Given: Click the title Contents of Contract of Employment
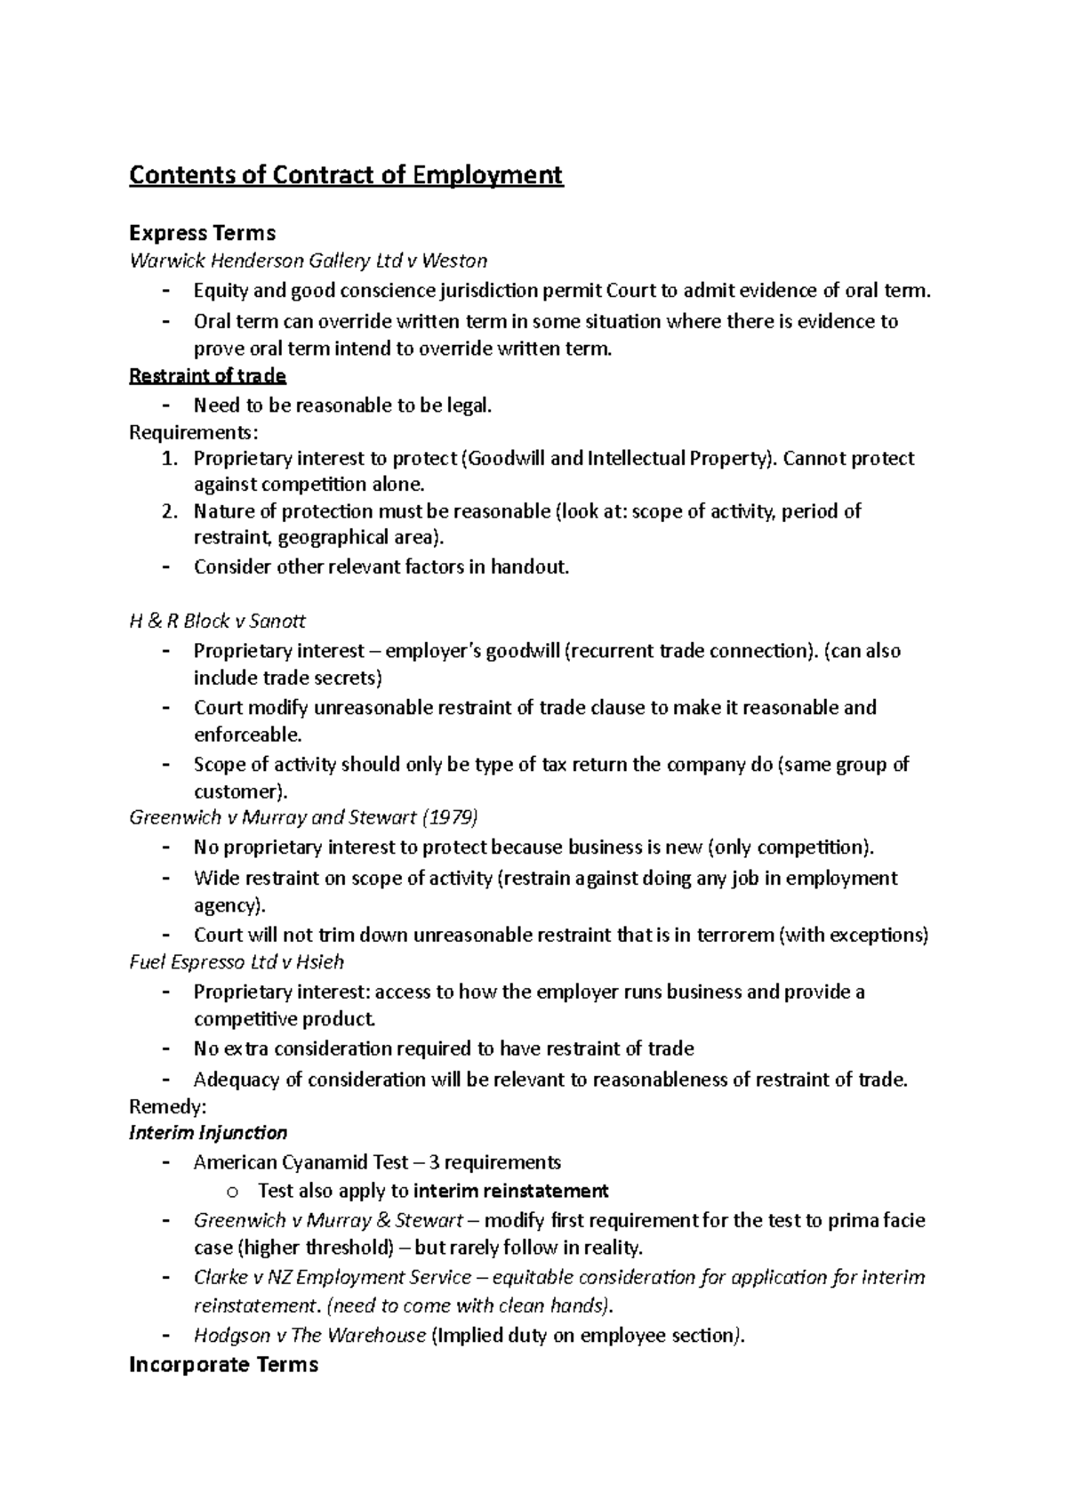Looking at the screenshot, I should [x=346, y=174].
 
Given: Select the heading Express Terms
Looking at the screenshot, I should [x=202, y=233].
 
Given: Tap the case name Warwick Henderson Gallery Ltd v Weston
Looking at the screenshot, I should [x=308, y=261].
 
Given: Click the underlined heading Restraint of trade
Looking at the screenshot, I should [x=207, y=375].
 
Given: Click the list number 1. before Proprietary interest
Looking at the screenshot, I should [x=170, y=459].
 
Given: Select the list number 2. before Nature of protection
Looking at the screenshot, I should [x=170, y=511].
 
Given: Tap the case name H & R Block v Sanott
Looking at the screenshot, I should [x=217, y=621].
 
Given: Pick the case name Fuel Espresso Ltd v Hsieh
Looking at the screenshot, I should [x=236, y=961].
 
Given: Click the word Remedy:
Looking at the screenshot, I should [x=167, y=1106].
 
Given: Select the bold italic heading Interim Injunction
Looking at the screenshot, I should [x=208, y=1133].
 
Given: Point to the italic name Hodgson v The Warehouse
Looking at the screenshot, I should [x=309, y=1336].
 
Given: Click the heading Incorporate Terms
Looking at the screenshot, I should [x=223, y=1364].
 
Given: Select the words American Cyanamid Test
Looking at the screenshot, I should [x=301, y=1162].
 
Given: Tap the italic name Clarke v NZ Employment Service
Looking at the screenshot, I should [x=333, y=1278].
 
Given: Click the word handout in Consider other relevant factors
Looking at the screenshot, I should [x=531, y=566].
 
